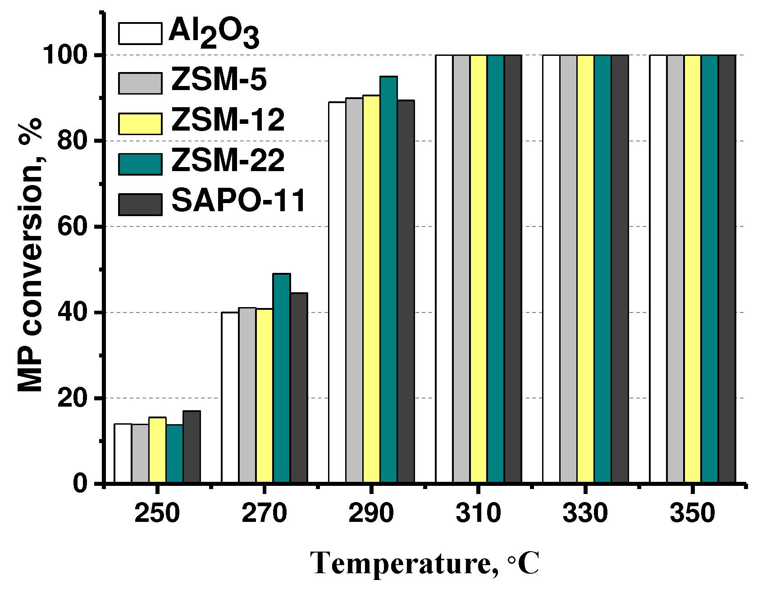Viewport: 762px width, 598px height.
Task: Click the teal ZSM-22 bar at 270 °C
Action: coord(282,378)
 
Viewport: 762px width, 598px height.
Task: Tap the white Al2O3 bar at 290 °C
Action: coord(337,293)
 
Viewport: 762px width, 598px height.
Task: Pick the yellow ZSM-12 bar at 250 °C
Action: coord(157,450)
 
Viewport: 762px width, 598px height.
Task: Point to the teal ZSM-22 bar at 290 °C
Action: coord(388,279)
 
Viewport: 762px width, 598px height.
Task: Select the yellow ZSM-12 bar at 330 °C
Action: coord(585,270)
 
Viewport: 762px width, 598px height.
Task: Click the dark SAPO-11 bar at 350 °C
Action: coord(727,270)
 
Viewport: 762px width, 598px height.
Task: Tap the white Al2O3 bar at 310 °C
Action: coord(444,270)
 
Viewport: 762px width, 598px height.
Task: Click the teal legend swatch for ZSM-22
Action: coord(140,164)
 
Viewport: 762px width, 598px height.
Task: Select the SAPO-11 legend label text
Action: coord(239,201)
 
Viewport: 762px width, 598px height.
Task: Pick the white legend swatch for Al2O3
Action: coord(140,33)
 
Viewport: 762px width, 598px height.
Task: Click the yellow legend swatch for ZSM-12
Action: coord(140,123)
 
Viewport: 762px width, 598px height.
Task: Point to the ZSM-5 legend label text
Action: coord(219,81)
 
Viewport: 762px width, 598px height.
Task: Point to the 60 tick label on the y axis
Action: coord(72,227)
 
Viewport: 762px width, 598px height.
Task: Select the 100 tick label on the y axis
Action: coord(65,56)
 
